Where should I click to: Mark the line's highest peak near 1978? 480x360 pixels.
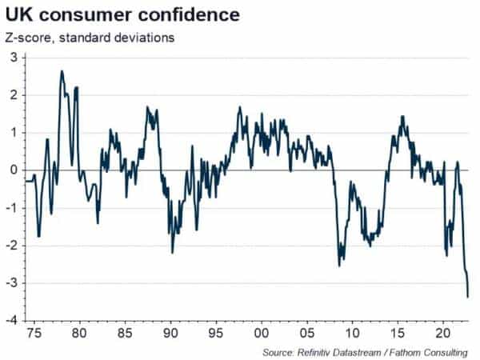pyautogui.click(x=62, y=71)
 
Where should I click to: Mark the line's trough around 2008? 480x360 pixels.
pyautogui.click(x=339, y=266)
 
